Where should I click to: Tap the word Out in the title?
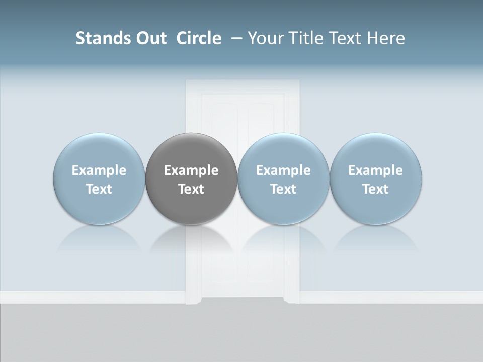click(149, 38)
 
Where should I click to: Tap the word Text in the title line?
click(345, 38)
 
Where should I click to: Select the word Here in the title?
click(386, 38)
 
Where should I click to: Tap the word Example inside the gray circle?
click(191, 170)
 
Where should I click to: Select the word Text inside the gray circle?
click(191, 189)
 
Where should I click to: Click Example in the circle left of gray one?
click(99, 170)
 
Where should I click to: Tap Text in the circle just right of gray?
click(283, 189)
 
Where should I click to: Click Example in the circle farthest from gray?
click(375, 170)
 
